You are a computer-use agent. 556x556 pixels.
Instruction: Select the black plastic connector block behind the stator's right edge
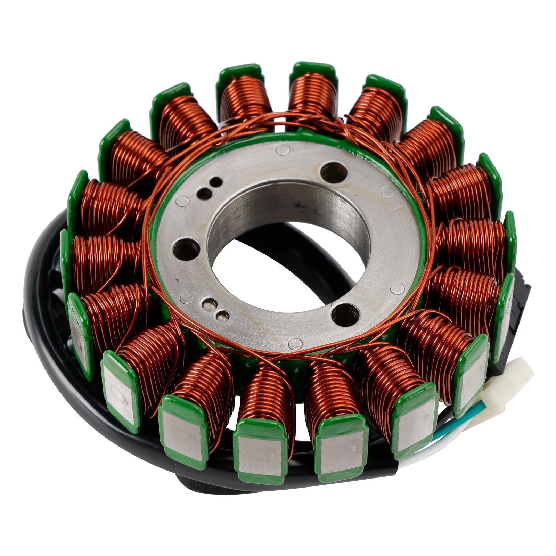pos(521,306)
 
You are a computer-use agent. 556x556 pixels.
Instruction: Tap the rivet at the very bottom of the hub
pos(295,344)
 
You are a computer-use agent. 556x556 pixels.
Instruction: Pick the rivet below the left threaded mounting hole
pos(187,298)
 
